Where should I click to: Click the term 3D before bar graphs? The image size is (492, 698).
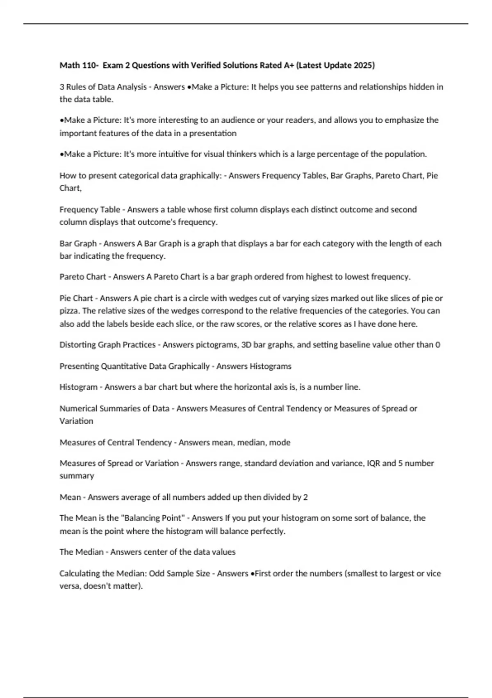246,345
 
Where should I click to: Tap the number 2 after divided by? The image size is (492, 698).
305,497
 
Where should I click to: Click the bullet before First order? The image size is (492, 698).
252,574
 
